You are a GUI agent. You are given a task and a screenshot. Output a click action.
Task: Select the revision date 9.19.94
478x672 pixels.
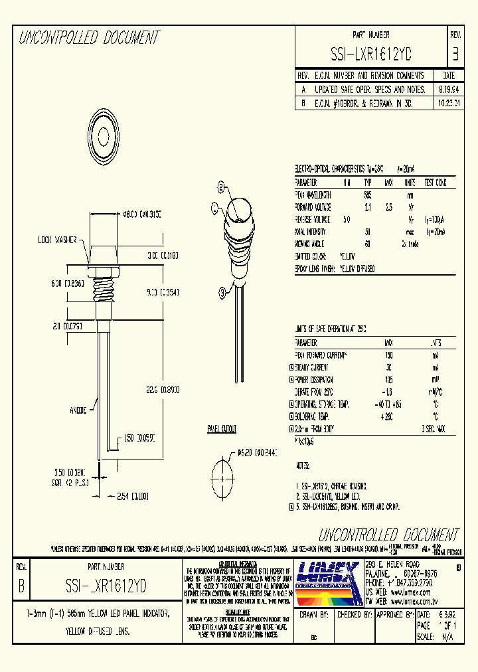449,89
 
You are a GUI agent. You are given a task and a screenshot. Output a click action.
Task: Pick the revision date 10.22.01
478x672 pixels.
449,104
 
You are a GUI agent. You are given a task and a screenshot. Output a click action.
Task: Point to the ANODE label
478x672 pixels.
79,410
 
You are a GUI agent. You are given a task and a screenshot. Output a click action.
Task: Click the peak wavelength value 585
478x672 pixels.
367,195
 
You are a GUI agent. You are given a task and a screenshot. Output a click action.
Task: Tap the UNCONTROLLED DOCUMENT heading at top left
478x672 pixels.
88,38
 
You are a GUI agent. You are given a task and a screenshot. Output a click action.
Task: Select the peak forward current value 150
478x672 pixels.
388,355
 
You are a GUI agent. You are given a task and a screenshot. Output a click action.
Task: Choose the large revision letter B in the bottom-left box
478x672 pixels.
21,586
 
